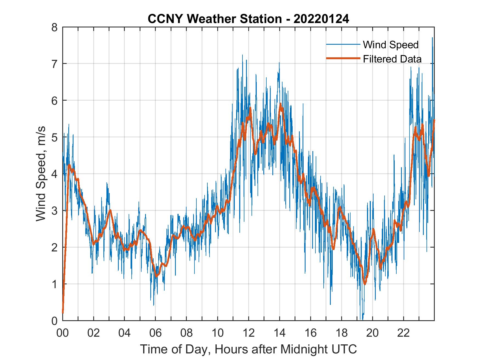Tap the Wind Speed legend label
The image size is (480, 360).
click(x=391, y=45)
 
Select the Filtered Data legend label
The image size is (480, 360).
click(x=392, y=59)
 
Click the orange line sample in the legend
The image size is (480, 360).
click(x=343, y=58)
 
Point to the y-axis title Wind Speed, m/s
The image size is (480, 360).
click(x=41, y=174)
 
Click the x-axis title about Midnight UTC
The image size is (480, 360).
click(x=249, y=349)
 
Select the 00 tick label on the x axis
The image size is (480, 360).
click(x=63, y=333)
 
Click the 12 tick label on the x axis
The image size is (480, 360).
click(x=249, y=333)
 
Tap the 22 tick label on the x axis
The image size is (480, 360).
click(x=403, y=333)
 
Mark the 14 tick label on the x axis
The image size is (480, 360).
click(x=279, y=333)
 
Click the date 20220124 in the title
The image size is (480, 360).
click(x=321, y=19)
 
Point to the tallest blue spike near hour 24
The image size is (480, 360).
click(x=432, y=38)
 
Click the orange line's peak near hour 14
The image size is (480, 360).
click(x=280, y=104)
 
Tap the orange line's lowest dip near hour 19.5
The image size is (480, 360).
click(x=365, y=284)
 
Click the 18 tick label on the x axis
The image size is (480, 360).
click(x=341, y=333)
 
